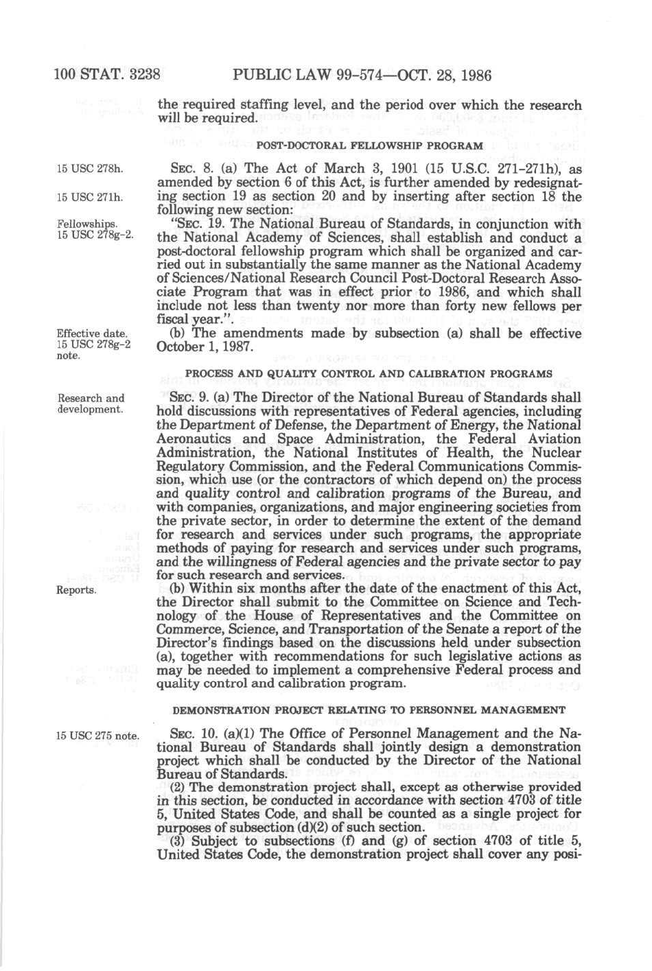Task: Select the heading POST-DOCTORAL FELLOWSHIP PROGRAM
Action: coord(369,145)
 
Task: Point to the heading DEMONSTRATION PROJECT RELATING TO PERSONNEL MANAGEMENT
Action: coord(369,710)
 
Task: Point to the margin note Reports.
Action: coord(76,590)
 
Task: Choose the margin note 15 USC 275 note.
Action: coord(97,736)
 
